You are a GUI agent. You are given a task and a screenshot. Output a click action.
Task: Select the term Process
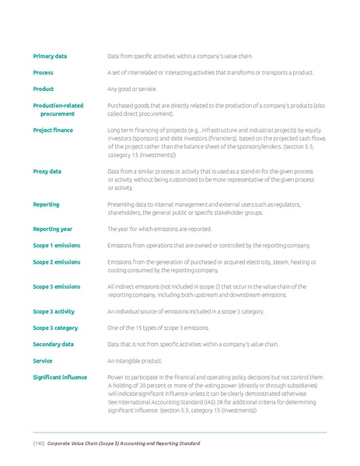43,72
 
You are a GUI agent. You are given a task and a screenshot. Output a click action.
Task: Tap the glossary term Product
43,89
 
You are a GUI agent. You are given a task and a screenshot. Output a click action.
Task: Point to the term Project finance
53,130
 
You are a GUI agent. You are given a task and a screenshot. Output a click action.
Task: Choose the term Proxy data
47,171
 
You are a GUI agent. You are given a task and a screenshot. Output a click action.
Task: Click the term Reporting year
52,229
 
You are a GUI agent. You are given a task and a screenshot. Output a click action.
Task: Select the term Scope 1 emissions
56,245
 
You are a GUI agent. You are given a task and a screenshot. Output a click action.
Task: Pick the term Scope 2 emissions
56,262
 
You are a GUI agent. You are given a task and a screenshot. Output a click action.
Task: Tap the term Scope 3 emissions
56,286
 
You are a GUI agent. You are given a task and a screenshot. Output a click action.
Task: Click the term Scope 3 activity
54,311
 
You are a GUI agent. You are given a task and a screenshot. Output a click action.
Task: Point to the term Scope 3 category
55,328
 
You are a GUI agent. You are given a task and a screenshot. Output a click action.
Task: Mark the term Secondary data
53,344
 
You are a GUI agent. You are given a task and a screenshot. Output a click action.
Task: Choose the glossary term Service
43,361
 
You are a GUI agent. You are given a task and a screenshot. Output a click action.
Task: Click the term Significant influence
60,377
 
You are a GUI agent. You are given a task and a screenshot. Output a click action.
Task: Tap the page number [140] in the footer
38,443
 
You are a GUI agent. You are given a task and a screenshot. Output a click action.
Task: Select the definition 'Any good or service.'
132,89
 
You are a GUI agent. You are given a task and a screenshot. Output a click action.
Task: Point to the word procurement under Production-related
58,114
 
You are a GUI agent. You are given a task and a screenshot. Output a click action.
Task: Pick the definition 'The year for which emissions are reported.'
159,229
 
